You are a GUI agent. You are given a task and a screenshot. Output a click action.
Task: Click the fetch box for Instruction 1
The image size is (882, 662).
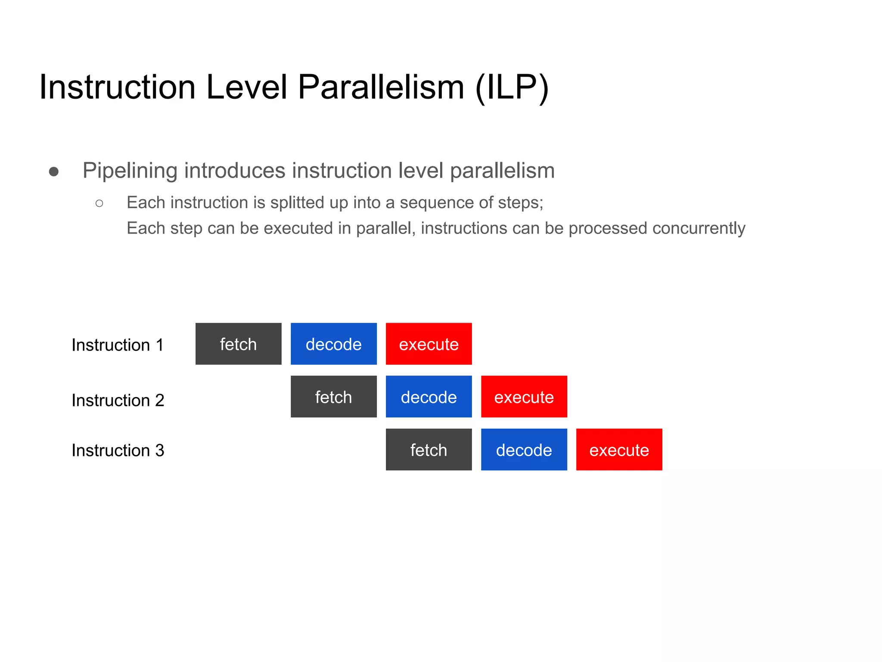[238, 344]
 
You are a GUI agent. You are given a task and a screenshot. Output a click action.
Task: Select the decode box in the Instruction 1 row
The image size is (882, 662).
[333, 344]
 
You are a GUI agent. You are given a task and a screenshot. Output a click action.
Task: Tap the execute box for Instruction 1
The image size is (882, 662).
[429, 344]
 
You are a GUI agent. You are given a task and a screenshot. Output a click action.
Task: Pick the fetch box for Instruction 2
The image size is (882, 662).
[333, 397]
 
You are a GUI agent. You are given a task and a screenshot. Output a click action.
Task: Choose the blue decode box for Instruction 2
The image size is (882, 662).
[429, 397]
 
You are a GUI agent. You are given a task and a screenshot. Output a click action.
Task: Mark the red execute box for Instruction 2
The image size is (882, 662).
[524, 397]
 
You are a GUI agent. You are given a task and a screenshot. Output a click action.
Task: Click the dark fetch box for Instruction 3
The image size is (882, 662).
[429, 450]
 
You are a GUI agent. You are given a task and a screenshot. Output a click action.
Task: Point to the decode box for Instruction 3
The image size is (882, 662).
[524, 450]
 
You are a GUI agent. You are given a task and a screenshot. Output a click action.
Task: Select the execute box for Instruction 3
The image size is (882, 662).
[619, 450]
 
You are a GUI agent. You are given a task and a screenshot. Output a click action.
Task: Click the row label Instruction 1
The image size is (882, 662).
[118, 345]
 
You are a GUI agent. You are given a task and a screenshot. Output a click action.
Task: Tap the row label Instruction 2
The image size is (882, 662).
[118, 400]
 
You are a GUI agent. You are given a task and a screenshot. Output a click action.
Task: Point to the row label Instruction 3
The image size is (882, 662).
[118, 450]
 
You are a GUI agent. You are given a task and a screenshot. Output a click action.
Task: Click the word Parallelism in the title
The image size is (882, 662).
[381, 87]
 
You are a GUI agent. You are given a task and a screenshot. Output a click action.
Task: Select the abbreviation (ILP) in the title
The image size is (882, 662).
[512, 88]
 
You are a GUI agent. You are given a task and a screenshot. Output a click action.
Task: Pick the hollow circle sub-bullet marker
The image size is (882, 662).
[99, 203]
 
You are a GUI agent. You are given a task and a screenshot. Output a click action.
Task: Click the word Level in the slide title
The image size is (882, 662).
[246, 87]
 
